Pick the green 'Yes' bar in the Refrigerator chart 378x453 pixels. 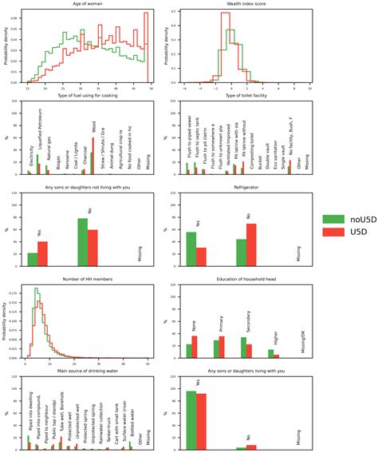[191, 238]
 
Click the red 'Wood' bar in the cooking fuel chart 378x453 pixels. [93, 156]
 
